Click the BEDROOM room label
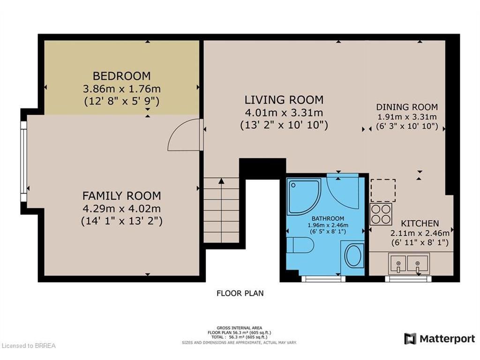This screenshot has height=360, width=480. point(121,75)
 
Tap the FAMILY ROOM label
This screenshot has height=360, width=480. point(121,195)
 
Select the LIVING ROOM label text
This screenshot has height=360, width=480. point(284,100)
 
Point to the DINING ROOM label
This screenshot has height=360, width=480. point(407,107)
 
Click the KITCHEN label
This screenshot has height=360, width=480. point(420,223)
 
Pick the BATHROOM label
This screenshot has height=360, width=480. point(328,218)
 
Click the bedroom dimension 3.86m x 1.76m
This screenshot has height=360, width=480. point(121,89)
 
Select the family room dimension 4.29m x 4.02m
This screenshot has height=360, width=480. point(121,209)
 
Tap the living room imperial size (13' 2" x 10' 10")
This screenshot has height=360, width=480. point(284,125)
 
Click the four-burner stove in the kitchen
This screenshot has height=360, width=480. point(381,214)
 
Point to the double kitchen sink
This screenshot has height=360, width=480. point(409,263)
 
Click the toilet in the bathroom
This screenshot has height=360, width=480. point(300,245)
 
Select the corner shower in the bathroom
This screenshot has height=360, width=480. point(304,196)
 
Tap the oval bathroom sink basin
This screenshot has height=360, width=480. point(353,256)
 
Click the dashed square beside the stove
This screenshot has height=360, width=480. point(383,190)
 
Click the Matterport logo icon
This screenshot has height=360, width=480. point(410,339)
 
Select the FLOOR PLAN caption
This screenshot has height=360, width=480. point(240,293)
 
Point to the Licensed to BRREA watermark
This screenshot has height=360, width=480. point(28,346)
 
